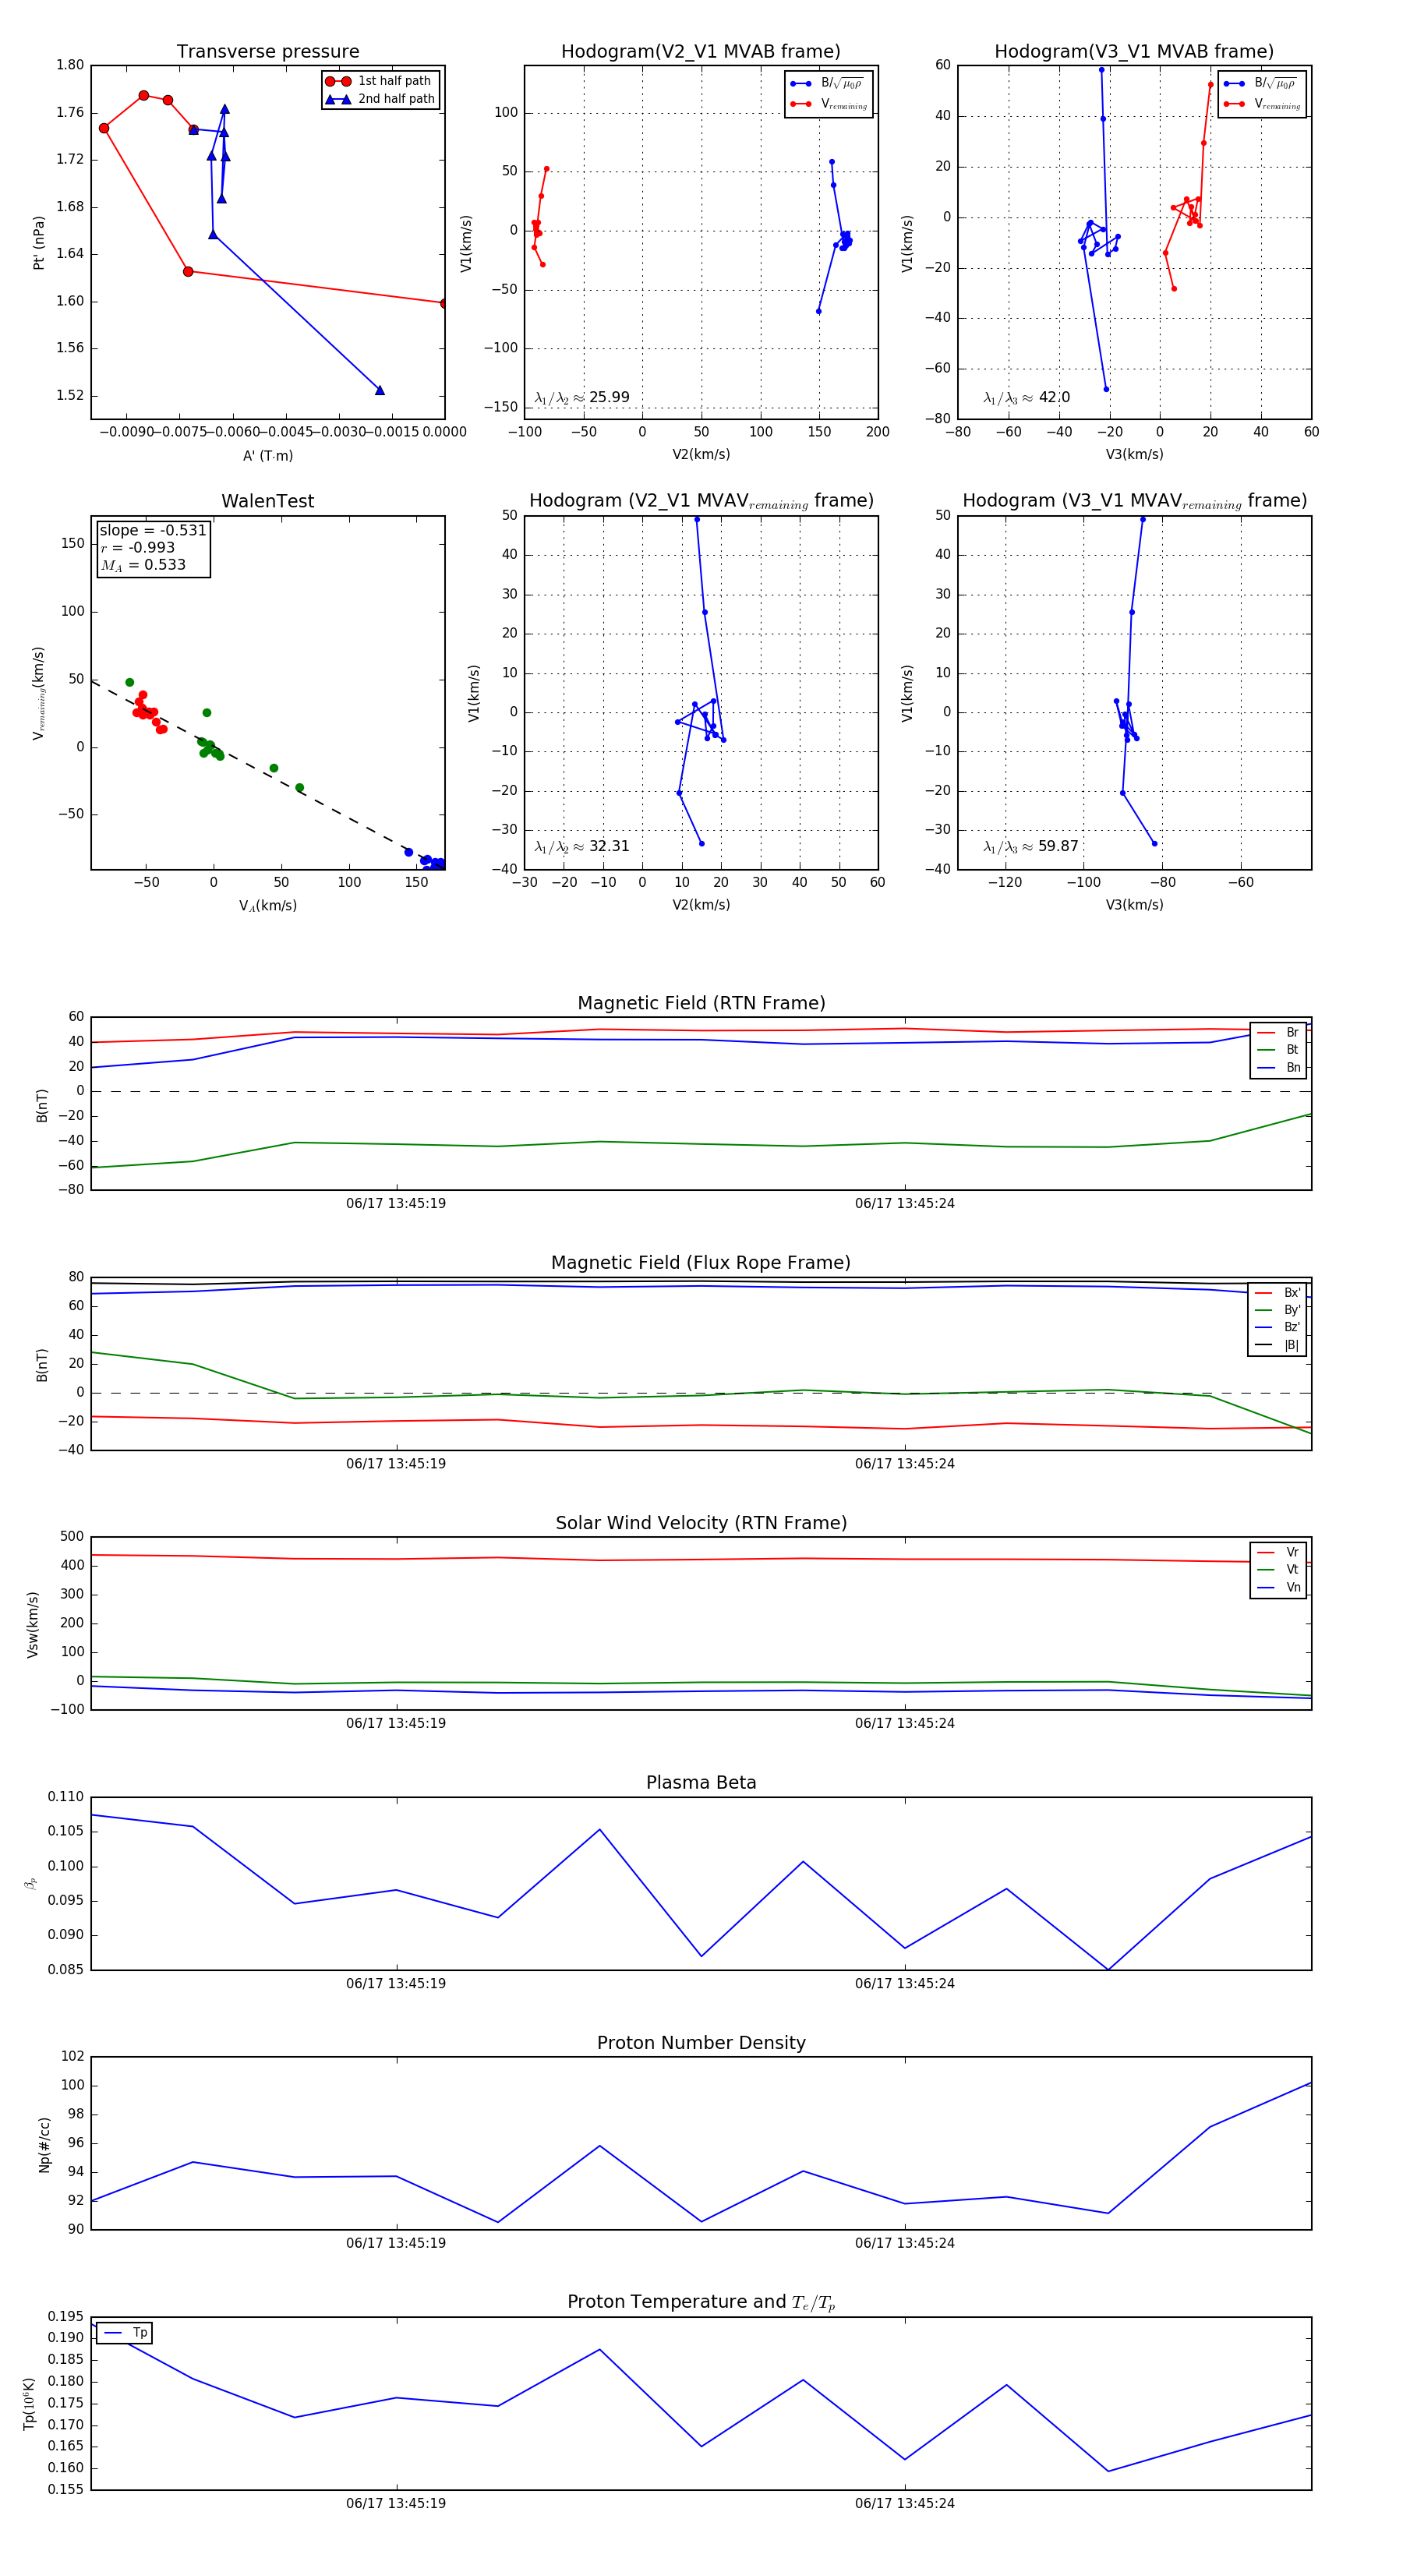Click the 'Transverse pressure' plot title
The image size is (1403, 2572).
click(x=267, y=52)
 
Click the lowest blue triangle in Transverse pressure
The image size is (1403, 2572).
click(x=380, y=390)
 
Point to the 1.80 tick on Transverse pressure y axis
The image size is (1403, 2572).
click(x=70, y=65)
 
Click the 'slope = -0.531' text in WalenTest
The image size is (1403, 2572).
click(x=152, y=530)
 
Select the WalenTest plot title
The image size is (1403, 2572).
click(x=267, y=501)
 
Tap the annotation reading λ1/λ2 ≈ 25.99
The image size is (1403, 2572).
click(x=582, y=397)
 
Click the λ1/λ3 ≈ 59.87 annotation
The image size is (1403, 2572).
click(x=1030, y=846)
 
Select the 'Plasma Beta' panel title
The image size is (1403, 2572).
click(x=701, y=1782)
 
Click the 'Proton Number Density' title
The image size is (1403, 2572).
click(x=701, y=2043)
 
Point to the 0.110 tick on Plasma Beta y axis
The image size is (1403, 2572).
click(x=66, y=1797)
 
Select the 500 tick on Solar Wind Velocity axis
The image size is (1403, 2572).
click(x=72, y=1537)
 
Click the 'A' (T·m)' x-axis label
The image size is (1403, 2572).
click(x=267, y=455)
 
